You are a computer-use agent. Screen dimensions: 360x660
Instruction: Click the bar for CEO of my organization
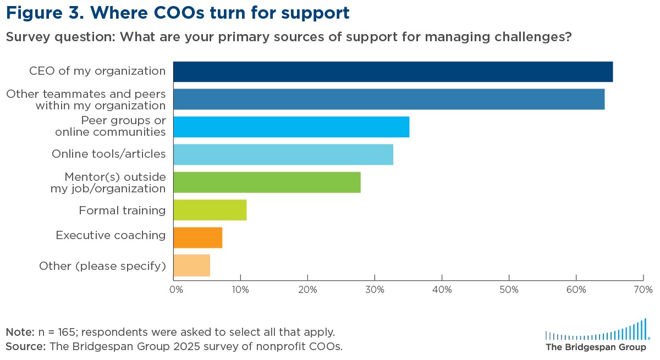click(393, 72)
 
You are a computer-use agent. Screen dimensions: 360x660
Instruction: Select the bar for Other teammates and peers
click(389, 99)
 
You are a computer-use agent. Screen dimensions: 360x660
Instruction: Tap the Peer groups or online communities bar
click(291, 127)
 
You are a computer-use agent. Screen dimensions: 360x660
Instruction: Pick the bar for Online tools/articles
click(283, 154)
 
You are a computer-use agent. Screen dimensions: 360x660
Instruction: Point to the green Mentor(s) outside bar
click(267, 182)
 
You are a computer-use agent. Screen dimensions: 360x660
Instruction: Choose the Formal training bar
click(210, 210)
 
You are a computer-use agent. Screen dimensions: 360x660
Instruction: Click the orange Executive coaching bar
click(197, 237)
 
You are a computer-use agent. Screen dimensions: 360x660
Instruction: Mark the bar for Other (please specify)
click(191, 265)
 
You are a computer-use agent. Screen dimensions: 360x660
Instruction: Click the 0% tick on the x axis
click(177, 289)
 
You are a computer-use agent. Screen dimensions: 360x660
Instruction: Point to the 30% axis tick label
click(375, 289)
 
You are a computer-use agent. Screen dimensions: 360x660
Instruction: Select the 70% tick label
click(643, 289)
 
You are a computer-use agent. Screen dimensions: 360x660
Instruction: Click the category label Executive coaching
click(111, 236)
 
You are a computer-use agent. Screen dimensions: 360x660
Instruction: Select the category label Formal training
click(122, 211)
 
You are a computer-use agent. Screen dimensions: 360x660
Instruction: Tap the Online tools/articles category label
click(108, 154)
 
